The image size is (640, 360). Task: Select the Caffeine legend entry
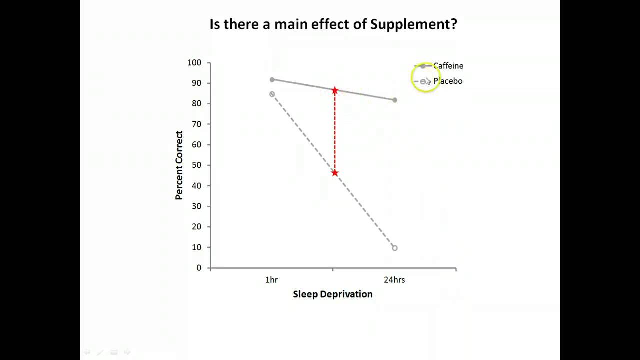(x=448, y=66)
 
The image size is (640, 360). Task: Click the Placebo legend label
(x=448, y=81)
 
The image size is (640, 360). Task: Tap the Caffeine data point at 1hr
(x=272, y=80)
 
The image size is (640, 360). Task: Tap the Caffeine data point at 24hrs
(x=395, y=100)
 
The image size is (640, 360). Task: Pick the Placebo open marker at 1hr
(x=272, y=94)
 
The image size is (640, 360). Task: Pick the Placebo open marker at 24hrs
(x=395, y=248)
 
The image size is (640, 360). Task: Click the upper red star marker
(x=335, y=91)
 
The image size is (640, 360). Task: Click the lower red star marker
(x=335, y=173)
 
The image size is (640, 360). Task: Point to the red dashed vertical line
(x=335, y=132)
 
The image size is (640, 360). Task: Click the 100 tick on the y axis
(x=194, y=63)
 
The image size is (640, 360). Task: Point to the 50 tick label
(x=196, y=165)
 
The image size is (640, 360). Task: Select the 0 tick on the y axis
(x=199, y=268)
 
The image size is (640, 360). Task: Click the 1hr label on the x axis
(x=271, y=280)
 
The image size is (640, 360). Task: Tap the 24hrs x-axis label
(x=394, y=280)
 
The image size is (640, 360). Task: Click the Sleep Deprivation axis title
(x=333, y=294)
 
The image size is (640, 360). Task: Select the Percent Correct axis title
(x=179, y=165)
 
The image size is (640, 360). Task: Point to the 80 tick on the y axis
(x=196, y=104)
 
